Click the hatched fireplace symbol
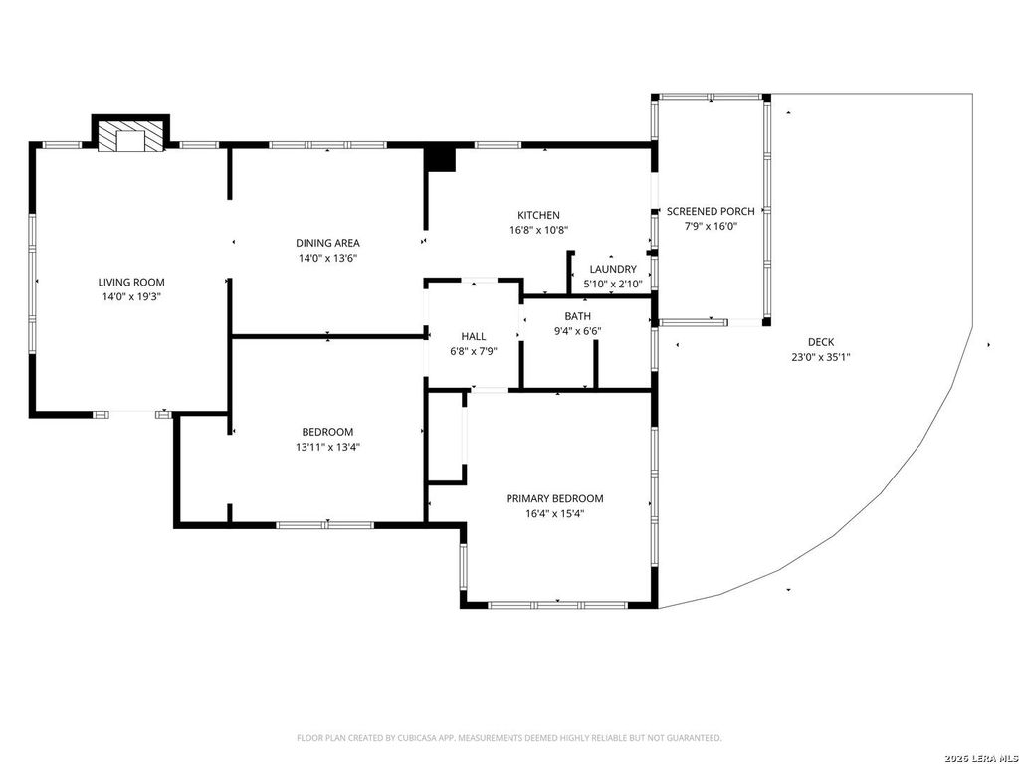pos(130,135)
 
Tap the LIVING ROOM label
pos(131,282)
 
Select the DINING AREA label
pos(327,243)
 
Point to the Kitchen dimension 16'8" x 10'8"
pos(538,230)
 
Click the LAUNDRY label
pos(613,269)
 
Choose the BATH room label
pos(578,316)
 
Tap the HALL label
pos(473,336)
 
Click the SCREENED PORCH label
pos(711,211)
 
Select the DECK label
pos(821,342)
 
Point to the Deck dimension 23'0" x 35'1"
pos(821,357)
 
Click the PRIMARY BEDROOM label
pos(554,499)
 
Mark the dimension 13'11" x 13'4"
pos(327,447)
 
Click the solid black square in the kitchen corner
pos(441,159)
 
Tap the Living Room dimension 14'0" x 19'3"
pos(131,296)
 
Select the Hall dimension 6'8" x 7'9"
pos(473,351)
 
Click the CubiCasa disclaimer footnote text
pos(509,738)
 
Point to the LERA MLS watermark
pos(981,758)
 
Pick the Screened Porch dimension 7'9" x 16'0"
pos(711,226)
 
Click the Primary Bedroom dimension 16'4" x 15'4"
pos(554,514)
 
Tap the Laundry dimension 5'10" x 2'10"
pos(613,284)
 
